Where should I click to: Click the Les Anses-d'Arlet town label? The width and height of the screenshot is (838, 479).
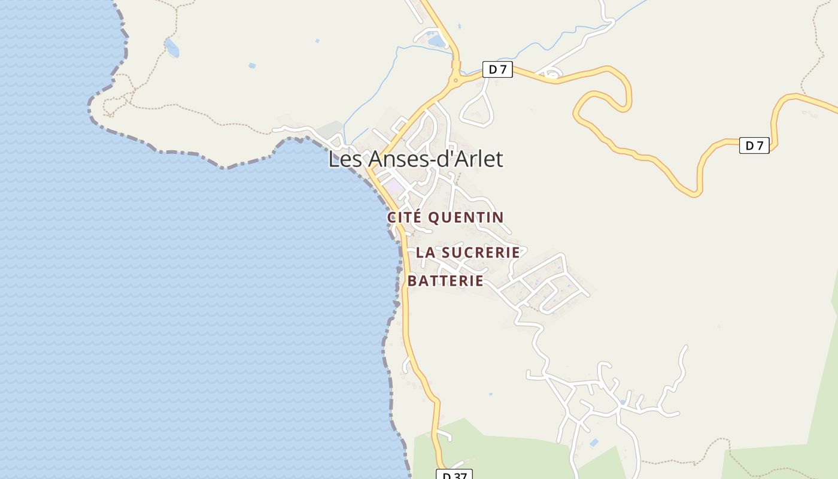415,159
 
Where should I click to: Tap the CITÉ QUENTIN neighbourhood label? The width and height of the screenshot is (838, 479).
445,217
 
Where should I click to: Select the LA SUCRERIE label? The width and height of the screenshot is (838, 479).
467,253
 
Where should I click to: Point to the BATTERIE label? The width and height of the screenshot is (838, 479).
445,281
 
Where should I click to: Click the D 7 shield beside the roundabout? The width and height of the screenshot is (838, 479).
497,69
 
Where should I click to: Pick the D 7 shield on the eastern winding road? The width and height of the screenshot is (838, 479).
754,145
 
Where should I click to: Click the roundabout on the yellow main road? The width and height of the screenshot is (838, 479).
456,80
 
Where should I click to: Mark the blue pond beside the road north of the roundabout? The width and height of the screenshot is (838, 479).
436,41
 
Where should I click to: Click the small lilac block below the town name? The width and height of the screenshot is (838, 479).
394,187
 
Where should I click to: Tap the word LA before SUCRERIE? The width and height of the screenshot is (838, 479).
425,253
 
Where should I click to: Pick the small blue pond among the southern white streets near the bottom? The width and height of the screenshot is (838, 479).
593,442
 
